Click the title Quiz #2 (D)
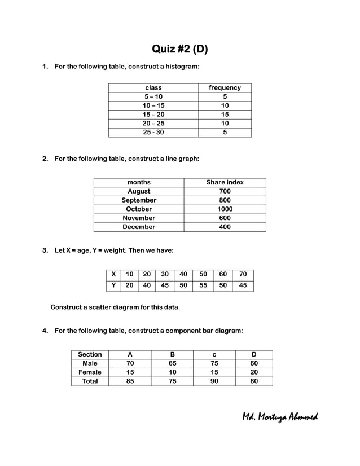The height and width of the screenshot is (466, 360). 180,49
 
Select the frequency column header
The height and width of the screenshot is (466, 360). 225,87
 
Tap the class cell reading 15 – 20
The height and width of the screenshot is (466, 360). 153,115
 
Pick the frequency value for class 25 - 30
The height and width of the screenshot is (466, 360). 225,133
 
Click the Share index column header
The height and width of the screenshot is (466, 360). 225,182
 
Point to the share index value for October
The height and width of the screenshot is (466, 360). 225,209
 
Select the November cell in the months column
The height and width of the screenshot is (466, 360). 139,218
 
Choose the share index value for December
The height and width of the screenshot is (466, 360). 225,227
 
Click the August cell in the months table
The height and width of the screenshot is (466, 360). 139,191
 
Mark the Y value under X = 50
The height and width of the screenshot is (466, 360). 203,285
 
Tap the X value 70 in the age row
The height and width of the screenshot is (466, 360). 243,275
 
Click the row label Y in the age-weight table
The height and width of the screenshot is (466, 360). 113,285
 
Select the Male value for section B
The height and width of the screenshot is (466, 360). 172,363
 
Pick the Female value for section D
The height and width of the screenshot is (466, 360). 253,372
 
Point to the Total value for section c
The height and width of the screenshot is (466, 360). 214,381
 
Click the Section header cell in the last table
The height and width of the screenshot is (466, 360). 90,354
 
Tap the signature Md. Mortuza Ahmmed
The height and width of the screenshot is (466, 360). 280,417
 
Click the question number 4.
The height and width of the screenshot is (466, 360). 45,331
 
